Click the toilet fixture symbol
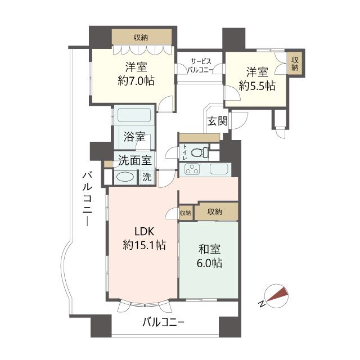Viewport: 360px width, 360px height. [x=198, y=152]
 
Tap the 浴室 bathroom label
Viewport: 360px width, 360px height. [x=134, y=137]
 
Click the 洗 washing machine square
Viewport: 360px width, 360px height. [x=147, y=177]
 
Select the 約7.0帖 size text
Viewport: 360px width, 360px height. [x=136, y=81]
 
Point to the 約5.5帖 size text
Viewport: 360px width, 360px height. [x=256, y=86]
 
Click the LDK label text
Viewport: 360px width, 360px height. [x=143, y=231]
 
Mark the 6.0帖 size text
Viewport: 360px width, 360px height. [x=209, y=263]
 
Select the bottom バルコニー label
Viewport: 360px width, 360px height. [x=163, y=323]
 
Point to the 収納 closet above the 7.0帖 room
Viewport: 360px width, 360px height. [x=141, y=38]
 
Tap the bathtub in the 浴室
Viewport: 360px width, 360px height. [x=133, y=117]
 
